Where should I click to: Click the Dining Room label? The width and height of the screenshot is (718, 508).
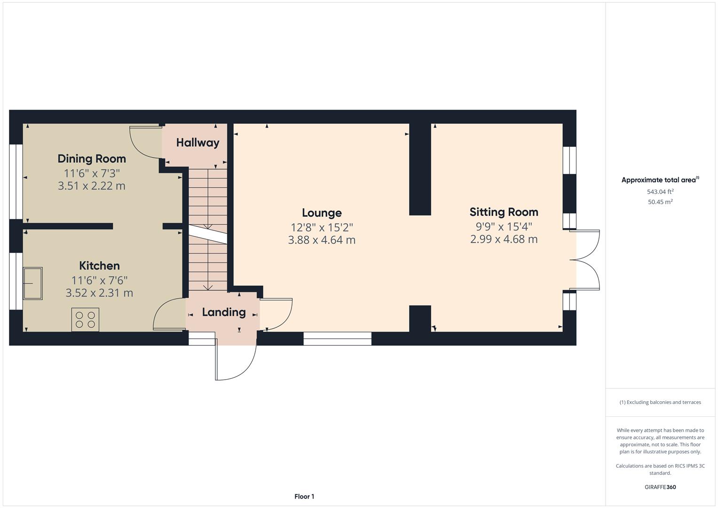[92, 159]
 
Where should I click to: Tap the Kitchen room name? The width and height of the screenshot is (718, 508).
[99, 266]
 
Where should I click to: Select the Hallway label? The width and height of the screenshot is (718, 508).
[197, 143]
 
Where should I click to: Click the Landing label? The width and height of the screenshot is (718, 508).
[224, 312]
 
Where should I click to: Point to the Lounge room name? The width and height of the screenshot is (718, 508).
[322, 213]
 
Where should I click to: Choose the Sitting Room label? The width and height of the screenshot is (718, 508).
[504, 212]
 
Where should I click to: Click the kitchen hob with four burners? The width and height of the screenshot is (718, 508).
[85, 319]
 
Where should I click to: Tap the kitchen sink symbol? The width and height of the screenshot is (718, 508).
[32, 283]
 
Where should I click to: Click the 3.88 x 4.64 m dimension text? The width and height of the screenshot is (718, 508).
[322, 240]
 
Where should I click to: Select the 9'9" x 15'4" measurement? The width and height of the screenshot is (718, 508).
[504, 226]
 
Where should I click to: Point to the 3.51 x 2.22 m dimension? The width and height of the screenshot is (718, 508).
[92, 186]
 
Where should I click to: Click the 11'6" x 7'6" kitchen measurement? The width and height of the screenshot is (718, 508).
[99, 280]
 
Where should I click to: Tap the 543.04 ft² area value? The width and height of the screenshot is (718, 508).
[660, 192]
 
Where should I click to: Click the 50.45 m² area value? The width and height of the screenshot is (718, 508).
[660, 202]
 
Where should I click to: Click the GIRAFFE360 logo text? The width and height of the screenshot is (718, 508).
[660, 487]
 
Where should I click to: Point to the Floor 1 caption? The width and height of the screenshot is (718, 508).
[304, 497]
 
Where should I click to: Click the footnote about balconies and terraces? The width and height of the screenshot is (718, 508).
[660, 402]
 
